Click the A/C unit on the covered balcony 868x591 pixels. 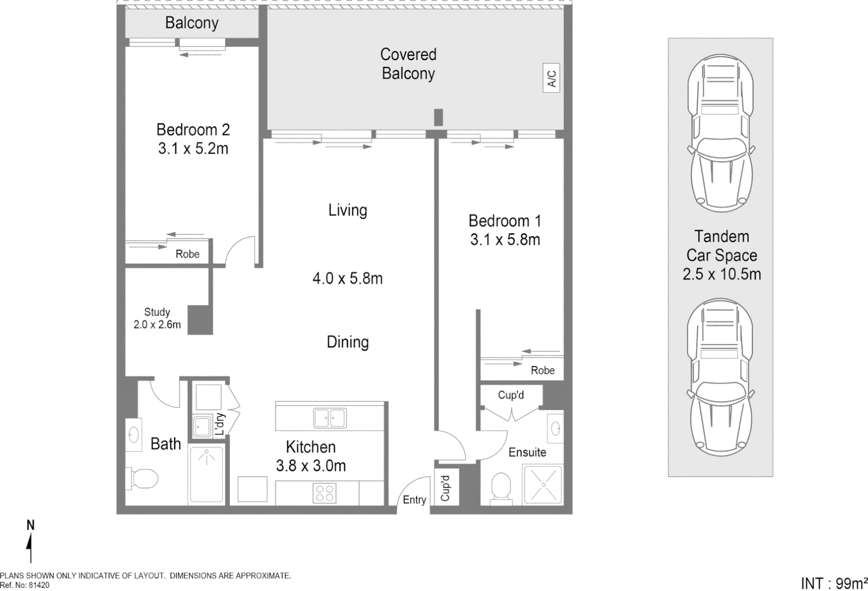pyautogui.click(x=551, y=77)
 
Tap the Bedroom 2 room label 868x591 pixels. pyautogui.click(x=193, y=130)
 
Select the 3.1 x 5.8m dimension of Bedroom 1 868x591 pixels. pyautogui.click(x=505, y=240)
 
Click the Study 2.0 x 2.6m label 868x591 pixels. pyautogui.click(x=157, y=318)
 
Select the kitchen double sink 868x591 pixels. pyautogui.click(x=330, y=418)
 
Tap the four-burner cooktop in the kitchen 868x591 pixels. pyautogui.click(x=324, y=493)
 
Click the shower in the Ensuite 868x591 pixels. pyautogui.click(x=542, y=484)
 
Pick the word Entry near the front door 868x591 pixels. pyautogui.click(x=414, y=500)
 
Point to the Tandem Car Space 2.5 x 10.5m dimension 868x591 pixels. pyautogui.click(x=722, y=274)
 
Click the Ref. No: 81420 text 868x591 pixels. pyautogui.click(x=25, y=585)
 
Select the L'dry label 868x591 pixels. pyautogui.click(x=219, y=424)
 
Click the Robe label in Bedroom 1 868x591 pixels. pyautogui.click(x=542, y=370)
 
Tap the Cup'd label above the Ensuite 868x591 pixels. pyautogui.click(x=510, y=395)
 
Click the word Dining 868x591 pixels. pyautogui.click(x=348, y=343)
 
